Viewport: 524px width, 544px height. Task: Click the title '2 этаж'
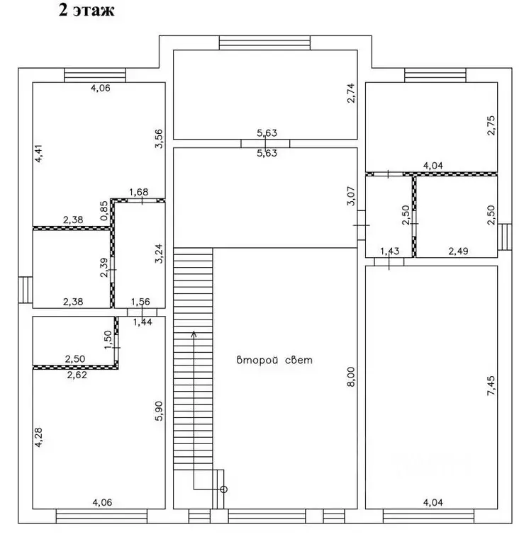87,10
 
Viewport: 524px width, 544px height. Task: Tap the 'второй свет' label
274,360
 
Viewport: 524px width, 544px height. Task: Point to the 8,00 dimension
351,377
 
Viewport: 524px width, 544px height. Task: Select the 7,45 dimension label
491,386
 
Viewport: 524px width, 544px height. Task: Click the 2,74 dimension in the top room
351,93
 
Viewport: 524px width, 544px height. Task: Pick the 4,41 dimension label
38,153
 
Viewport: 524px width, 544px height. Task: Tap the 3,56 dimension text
158,139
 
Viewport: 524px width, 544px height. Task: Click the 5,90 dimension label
158,411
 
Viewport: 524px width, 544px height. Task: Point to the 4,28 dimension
38,437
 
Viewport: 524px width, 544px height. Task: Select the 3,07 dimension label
351,196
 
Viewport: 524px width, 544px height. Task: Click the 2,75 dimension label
491,125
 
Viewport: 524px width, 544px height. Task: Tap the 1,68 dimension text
139,192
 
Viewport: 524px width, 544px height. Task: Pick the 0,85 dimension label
104,210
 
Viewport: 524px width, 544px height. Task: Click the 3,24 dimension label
158,254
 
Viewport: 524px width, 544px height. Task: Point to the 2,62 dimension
77,375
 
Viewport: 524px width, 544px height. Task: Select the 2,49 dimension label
458,251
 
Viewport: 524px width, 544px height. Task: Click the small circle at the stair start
224,489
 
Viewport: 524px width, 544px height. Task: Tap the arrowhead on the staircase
194,334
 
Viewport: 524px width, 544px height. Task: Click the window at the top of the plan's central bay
264,42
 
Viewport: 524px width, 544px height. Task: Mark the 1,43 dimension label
389,251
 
